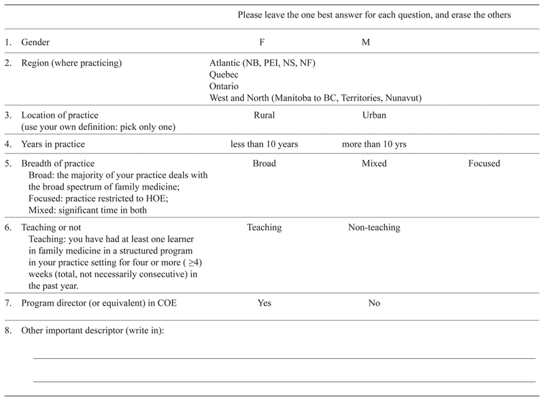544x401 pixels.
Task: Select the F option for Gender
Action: [264, 43]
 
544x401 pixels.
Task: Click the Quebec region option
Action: [225, 75]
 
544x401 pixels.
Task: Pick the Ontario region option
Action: [225, 86]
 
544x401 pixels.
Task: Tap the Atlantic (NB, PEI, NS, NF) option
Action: [263, 63]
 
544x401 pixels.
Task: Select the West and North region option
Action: [316, 98]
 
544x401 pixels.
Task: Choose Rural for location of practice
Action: [264, 116]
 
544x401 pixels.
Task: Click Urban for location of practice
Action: [375, 116]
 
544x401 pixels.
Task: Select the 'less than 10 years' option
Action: [264, 145]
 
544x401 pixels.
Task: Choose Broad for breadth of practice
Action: [264, 164]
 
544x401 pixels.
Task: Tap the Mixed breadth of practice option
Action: [374, 164]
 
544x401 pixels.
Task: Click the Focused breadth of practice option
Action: [484, 164]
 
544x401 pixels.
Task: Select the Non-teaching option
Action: [374, 228]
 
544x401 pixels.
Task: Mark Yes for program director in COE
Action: [264, 303]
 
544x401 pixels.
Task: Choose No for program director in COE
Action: [374, 303]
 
